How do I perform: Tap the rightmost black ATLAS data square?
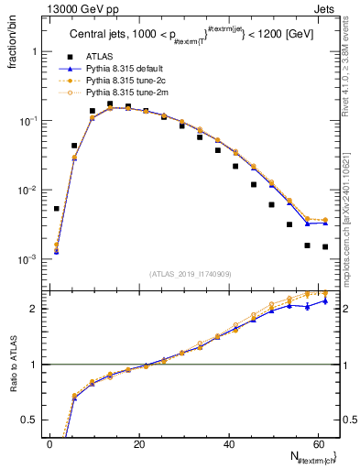325,246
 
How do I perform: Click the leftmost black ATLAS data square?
57,209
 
